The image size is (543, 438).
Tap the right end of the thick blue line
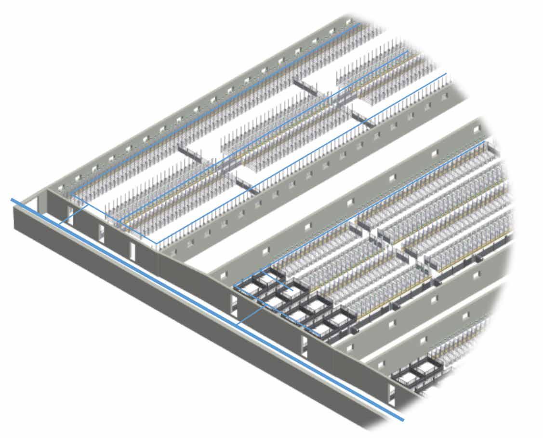[402, 420]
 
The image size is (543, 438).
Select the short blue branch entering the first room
[72, 215]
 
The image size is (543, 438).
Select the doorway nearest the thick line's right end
[393, 396]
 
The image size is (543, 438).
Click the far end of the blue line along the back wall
[358, 23]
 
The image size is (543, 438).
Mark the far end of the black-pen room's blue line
[484, 142]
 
